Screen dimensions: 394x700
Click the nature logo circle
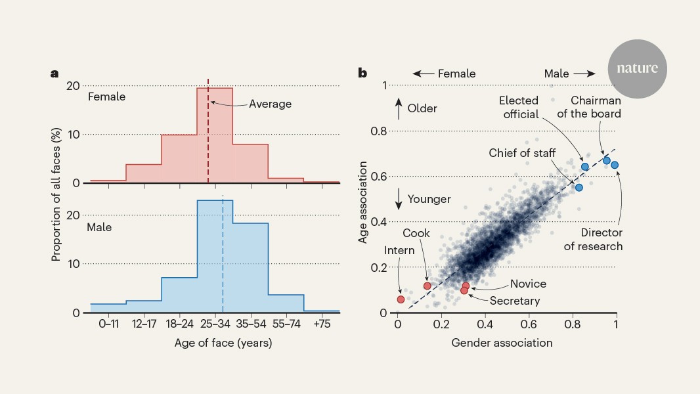637,68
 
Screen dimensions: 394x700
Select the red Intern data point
401,299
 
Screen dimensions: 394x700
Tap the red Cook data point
427,286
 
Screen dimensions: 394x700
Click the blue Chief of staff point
579,187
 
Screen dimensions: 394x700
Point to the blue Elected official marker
584,167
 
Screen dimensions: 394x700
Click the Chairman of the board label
596,107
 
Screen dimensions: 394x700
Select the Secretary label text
514,301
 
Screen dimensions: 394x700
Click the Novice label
528,284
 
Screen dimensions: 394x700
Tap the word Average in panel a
270,104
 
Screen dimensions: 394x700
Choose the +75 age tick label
322,324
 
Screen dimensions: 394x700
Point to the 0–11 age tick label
108,324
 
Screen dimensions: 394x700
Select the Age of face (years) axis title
223,343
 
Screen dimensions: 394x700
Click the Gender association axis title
502,343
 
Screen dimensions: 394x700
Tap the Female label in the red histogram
106,97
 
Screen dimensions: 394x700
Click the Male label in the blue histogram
99,227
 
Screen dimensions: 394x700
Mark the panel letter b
362,73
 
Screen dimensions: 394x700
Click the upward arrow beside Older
398,108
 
